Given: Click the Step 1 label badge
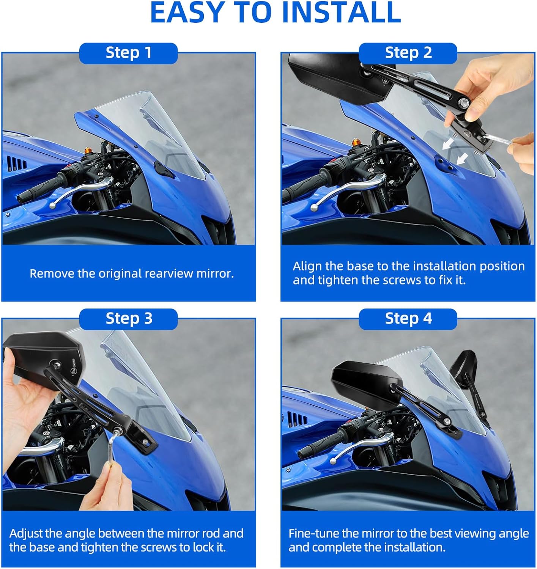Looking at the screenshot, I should point(128,53).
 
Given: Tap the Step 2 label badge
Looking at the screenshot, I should point(408,53).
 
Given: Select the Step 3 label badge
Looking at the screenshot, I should point(128,319).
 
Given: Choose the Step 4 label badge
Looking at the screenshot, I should point(408,319).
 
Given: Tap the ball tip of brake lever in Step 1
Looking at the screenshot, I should point(52,206).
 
